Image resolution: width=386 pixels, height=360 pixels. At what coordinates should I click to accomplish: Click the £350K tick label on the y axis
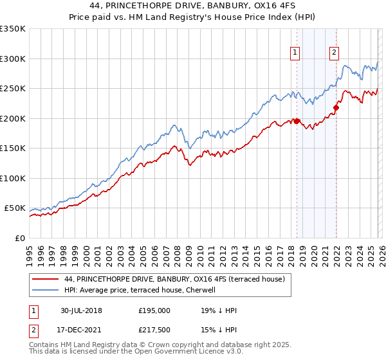[12, 29]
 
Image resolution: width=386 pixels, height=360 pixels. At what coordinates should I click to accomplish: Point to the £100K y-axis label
[12, 178]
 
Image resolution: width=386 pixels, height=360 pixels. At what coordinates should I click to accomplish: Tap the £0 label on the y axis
[19, 238]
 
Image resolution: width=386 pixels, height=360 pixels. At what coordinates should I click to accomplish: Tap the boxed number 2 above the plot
[335, 53]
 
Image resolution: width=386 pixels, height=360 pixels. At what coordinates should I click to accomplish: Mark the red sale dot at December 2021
[335, 108]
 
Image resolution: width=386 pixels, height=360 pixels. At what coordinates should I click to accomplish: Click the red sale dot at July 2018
[297, 121]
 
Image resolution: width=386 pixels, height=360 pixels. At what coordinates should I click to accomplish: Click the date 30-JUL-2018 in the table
[81, 310]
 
